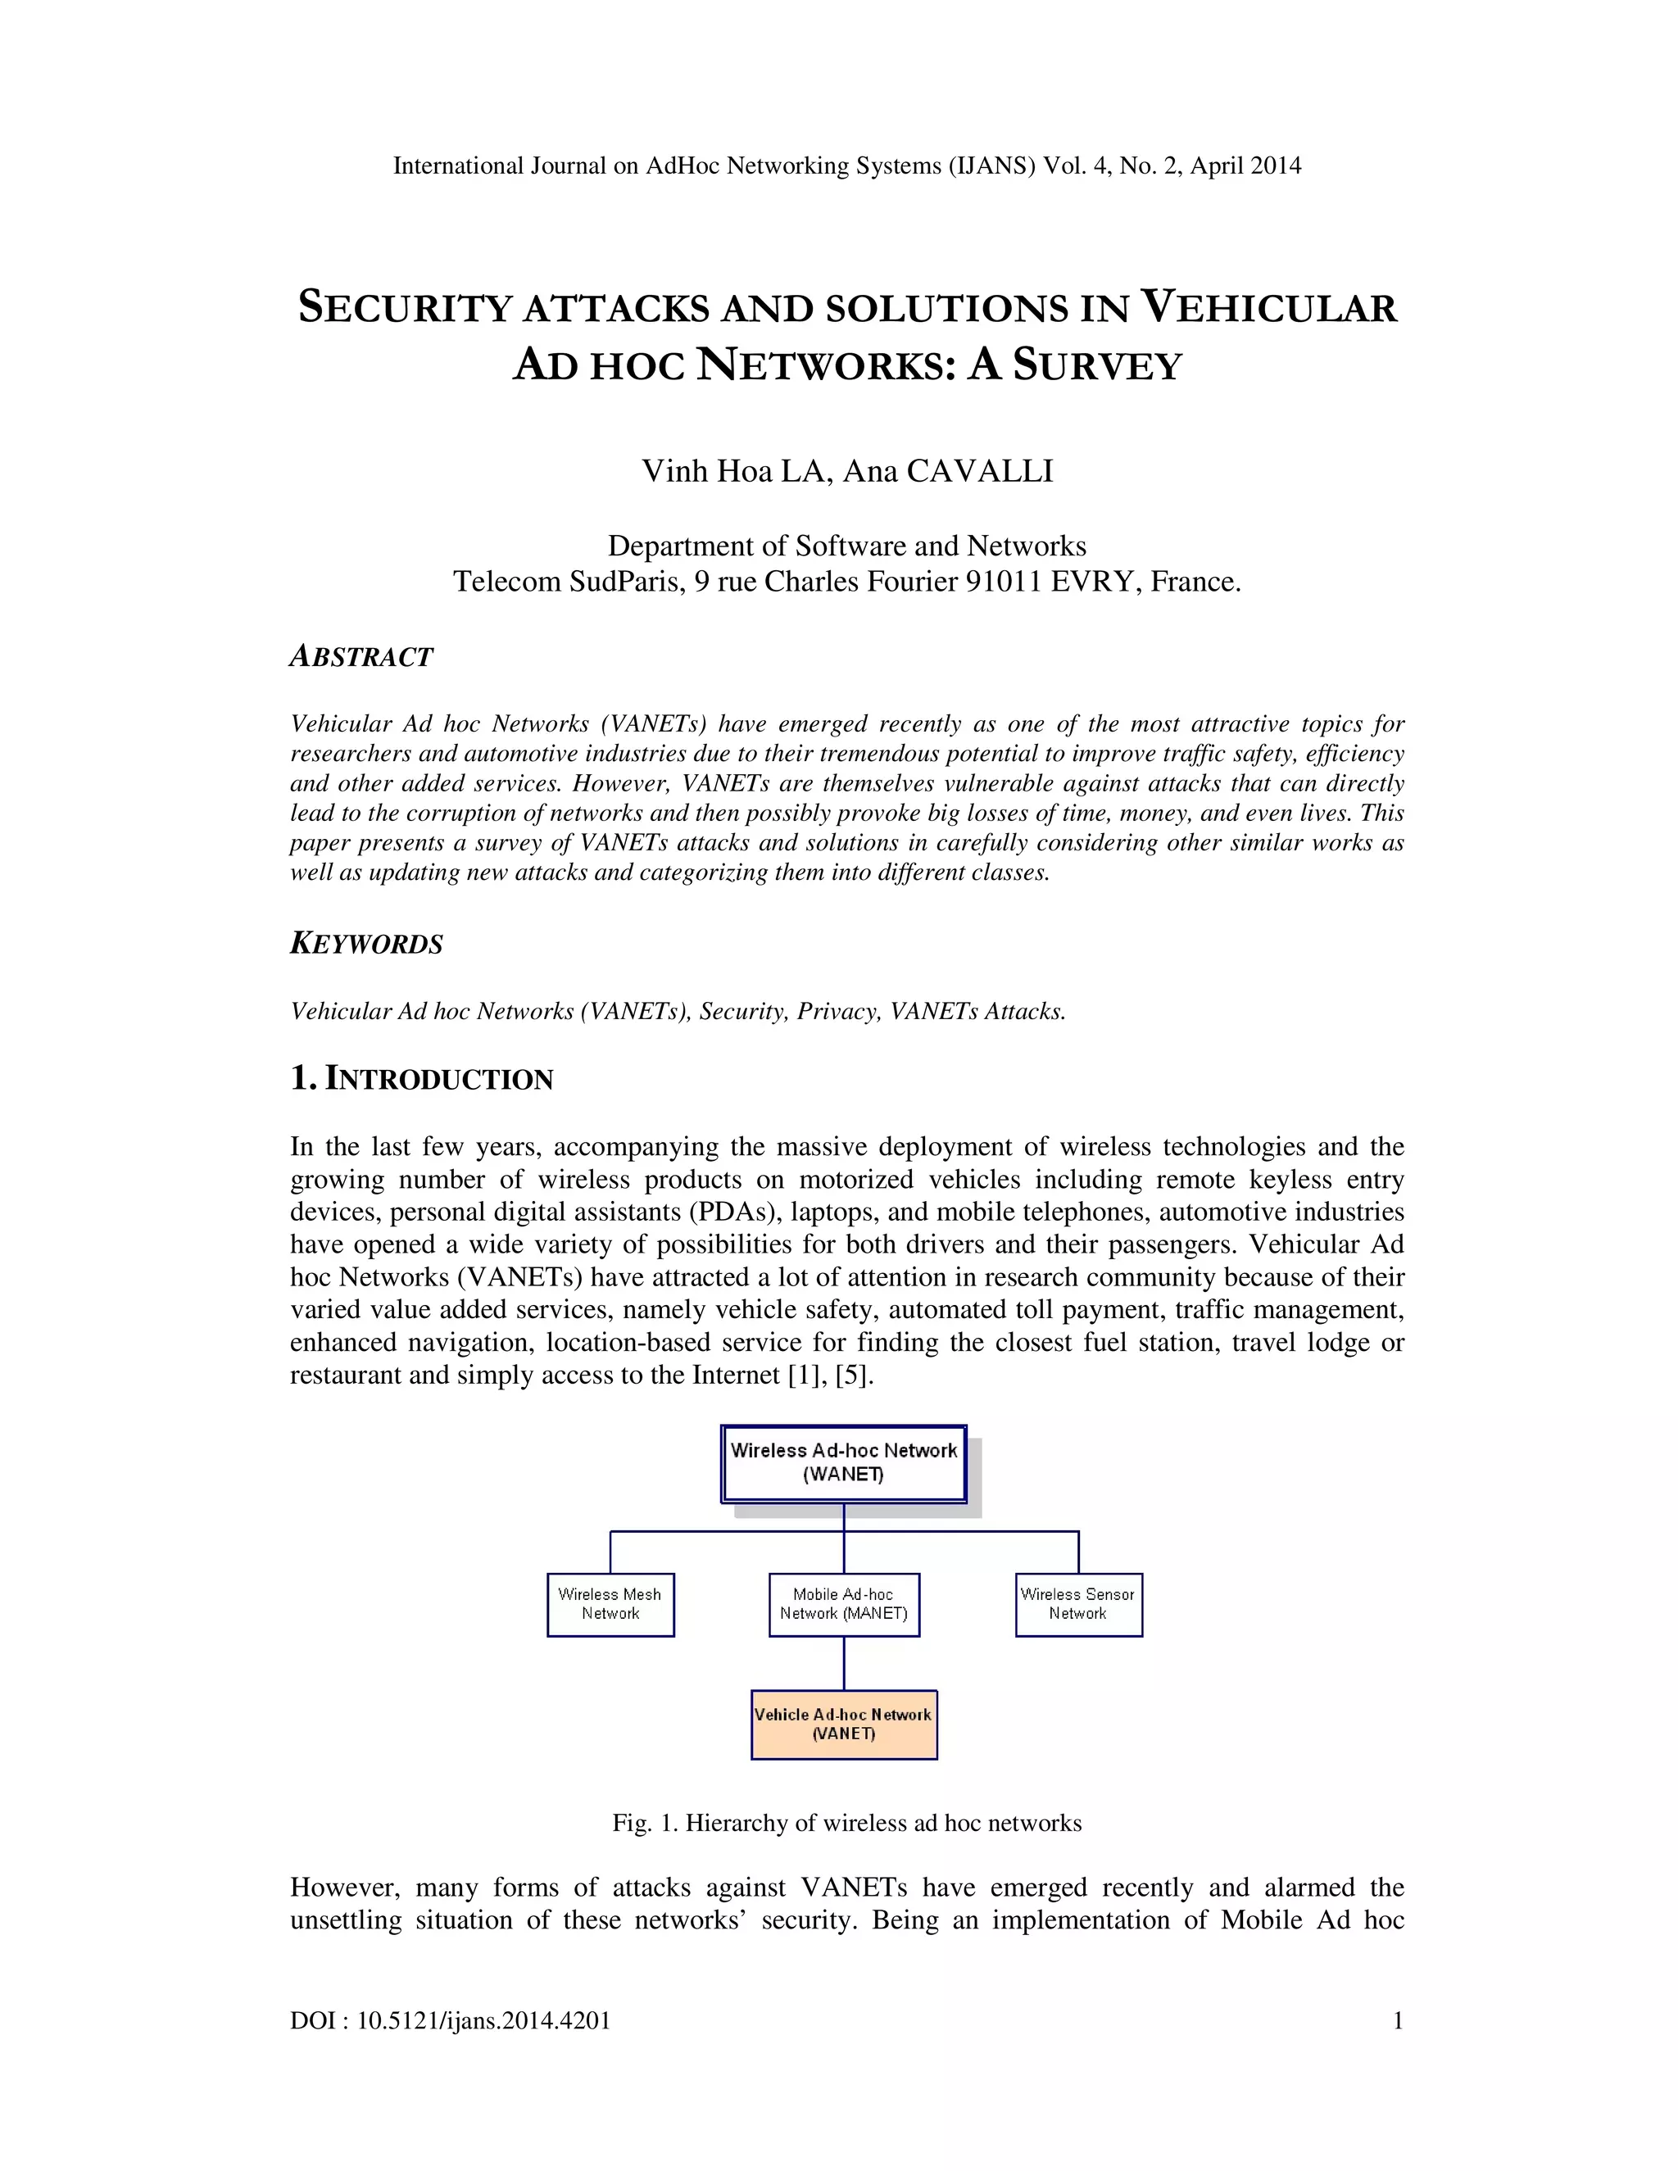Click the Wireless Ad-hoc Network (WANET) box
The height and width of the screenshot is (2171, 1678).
coord(843,1462)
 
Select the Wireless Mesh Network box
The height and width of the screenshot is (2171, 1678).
coord(610,1604)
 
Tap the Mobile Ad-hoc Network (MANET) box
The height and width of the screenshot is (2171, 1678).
coord(844,1604)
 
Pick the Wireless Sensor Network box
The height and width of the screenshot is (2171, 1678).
coord(1078,1604)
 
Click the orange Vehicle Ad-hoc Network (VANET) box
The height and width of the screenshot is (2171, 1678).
coord(844,1725)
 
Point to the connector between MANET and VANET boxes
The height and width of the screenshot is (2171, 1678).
coord(844,1663)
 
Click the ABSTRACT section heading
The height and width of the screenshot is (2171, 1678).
coord(361,657)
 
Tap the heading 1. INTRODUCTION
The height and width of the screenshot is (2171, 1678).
coord(421,1079)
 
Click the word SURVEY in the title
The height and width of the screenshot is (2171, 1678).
coord(1097,366)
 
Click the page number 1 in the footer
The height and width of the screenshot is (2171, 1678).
coord(1398,2021)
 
